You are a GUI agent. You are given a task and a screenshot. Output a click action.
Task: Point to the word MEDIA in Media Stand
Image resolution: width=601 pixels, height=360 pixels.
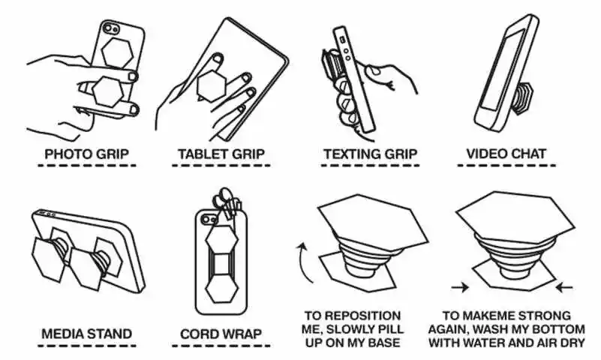[60, 334]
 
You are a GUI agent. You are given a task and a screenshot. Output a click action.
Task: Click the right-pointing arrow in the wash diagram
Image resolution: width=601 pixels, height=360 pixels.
[460, 286]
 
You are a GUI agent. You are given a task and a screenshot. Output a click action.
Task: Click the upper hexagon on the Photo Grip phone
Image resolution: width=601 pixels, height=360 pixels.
[117, 52]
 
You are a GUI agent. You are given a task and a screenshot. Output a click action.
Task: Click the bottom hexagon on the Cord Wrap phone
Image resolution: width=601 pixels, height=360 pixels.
[221, 289]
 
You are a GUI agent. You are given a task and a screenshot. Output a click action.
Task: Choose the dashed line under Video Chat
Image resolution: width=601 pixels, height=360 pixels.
[506, 166]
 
